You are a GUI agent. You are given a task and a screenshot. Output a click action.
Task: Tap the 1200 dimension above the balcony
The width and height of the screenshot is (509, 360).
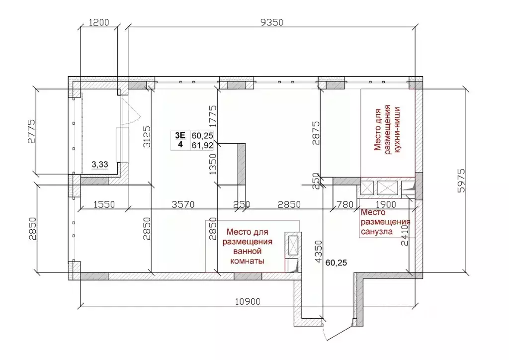pyautogui.click(x=99, y=22)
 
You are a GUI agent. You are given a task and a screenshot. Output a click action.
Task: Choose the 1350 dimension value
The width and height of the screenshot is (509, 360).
pyautogui.click(x=213, y=163)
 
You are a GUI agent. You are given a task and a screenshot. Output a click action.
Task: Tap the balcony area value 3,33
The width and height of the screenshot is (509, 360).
pyautogui.click(x=100, y=164)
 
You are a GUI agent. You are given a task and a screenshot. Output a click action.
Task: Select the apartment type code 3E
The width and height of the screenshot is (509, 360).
pyautogui.click(x=179, y=135)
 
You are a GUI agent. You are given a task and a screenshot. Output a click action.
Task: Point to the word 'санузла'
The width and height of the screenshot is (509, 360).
pyautogui.click(x=376, y=231)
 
